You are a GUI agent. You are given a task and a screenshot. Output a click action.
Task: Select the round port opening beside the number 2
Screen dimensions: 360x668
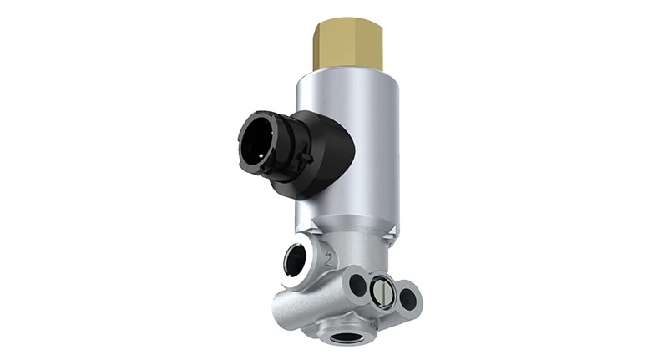[x=294, y=261]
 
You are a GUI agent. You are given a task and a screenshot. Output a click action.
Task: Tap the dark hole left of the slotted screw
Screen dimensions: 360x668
[x=358, y=285]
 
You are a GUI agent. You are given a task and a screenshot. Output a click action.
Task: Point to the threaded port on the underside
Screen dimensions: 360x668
[x=343, y=338]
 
